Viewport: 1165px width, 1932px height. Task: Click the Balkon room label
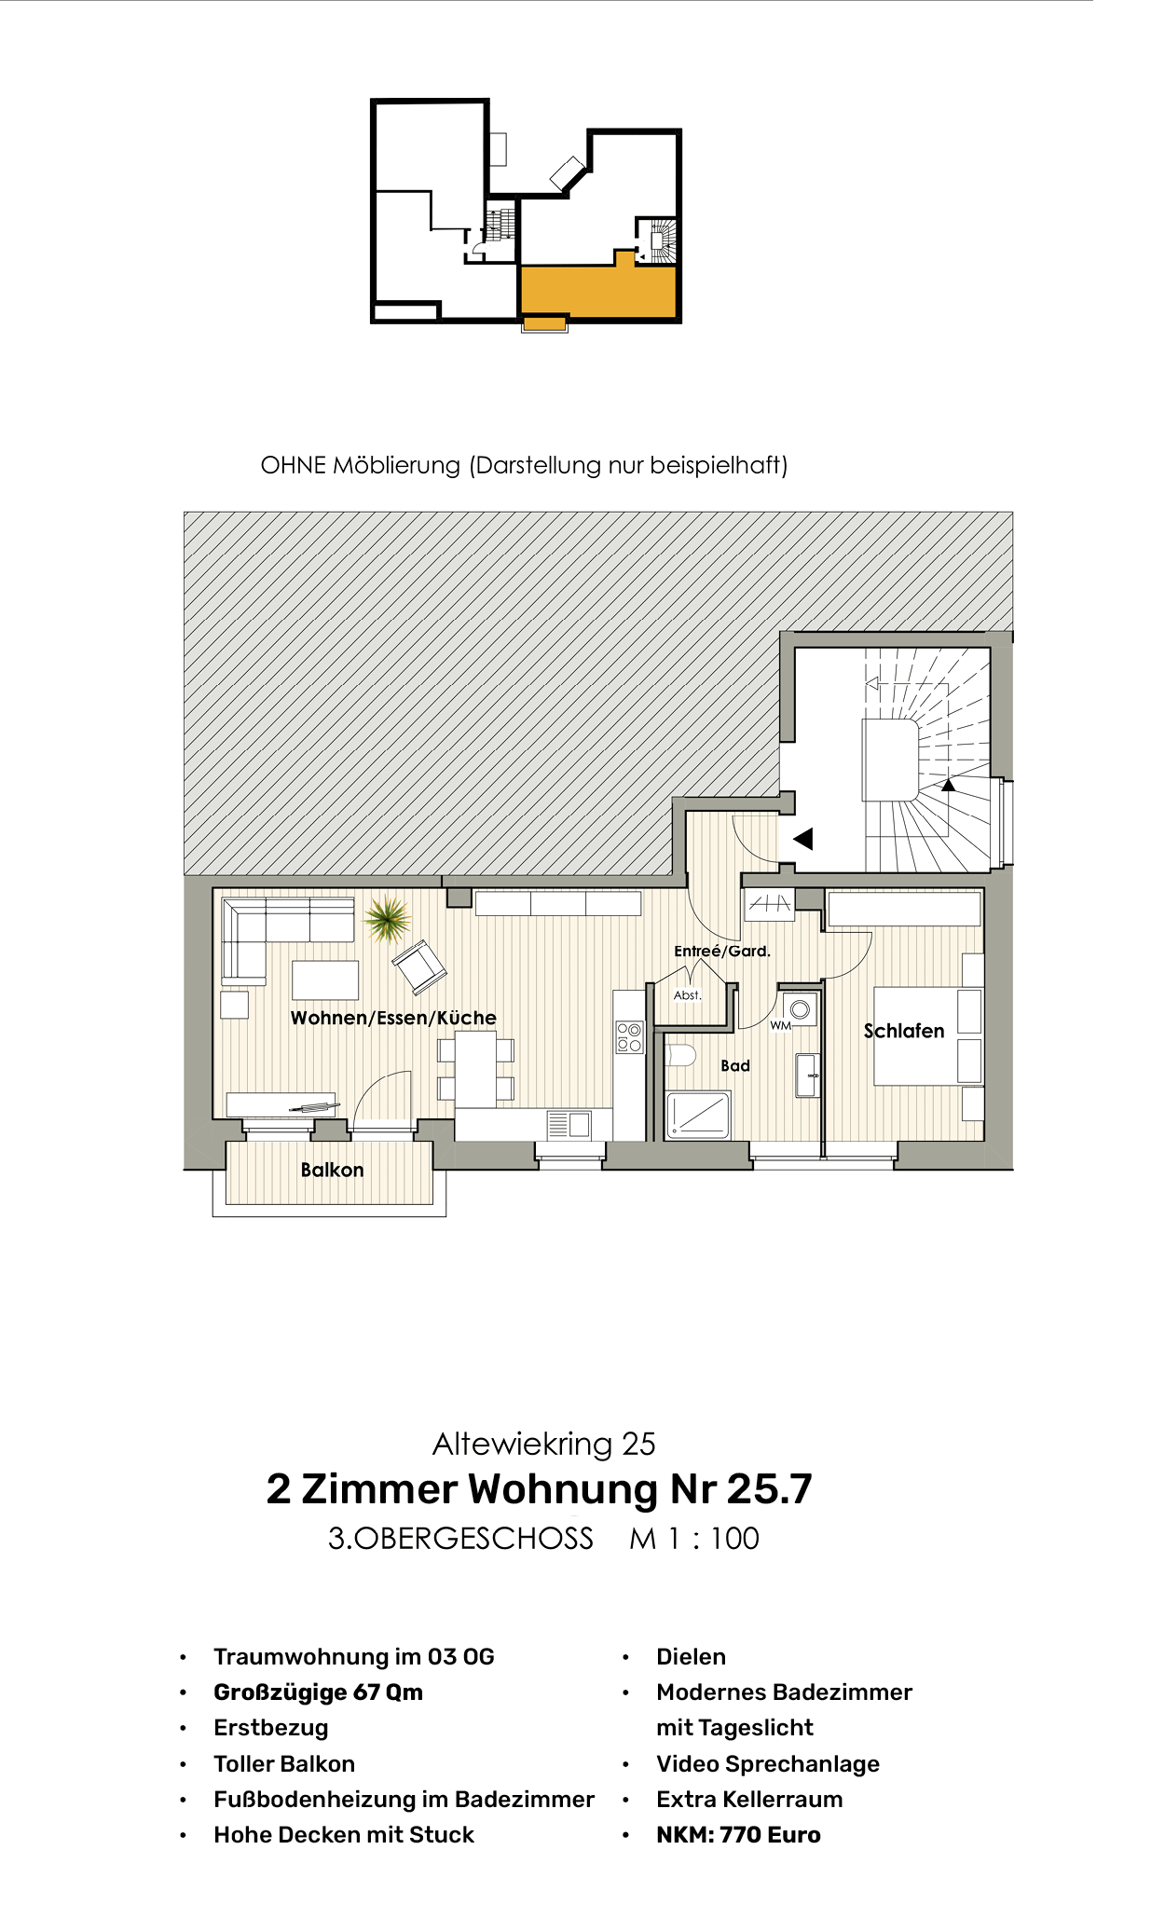pos(332,1170)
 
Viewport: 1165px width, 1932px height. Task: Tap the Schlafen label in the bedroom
pos(903,1031)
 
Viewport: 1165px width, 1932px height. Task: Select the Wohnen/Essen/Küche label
pos(393,1018)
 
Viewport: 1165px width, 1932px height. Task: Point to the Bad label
pos(734,1065)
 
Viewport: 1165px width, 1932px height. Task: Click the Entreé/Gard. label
pos(721,951)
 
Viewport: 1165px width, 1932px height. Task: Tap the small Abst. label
pos(687,995)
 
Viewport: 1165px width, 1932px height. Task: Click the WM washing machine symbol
pos(800,1009)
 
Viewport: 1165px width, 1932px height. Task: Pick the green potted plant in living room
pos(387,918)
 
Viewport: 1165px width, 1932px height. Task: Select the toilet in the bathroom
pos(681,1056)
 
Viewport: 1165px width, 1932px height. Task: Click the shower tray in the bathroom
pos(698,1115)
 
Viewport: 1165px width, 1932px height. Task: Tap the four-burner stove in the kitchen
pos(629,1037)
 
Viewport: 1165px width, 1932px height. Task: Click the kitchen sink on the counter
pos(569,1125)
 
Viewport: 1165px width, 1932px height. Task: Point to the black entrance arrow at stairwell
pos(802,839)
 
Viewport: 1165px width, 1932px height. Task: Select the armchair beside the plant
pos(419,966)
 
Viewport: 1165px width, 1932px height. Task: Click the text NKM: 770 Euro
pos(738,1834)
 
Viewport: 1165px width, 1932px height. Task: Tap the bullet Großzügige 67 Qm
pos(318,1692)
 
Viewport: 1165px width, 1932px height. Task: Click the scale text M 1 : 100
pos(694,1538)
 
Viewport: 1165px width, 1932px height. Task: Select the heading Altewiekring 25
pos(543,1444)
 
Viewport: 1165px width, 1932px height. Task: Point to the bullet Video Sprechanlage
pos(767,1763)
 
